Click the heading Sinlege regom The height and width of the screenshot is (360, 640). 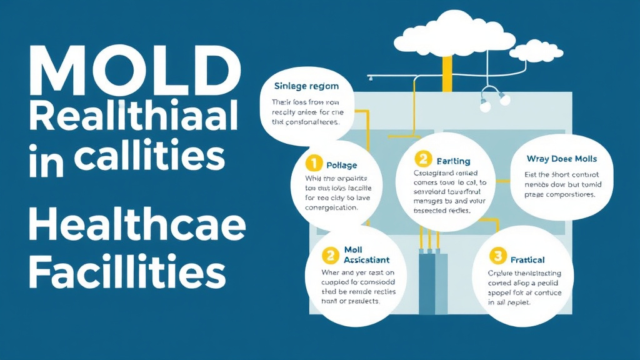click(306, 86)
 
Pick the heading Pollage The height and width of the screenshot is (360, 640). click(342, 165)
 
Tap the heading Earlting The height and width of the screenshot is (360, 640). click(453, 161)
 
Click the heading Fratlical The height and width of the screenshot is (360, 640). click(527, 259)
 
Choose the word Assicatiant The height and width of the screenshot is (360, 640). click(367, 259)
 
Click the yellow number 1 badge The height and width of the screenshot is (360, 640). click(313, 164)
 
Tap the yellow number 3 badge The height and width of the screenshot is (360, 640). click(497, 256)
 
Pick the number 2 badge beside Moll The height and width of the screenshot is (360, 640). click(329, 255)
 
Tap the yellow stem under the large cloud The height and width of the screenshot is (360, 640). click(447, 72)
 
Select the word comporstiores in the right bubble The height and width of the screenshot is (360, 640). click(570, 194)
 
